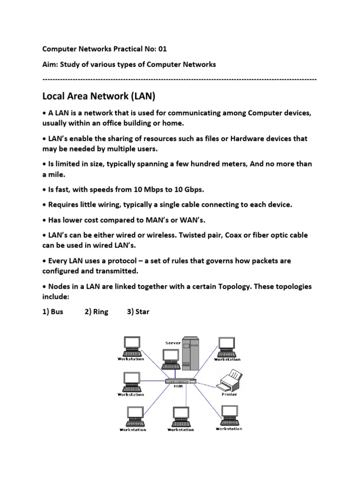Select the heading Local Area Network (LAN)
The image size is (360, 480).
98,97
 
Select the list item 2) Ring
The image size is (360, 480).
97,312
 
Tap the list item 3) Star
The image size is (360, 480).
138,312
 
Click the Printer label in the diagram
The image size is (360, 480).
229,394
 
